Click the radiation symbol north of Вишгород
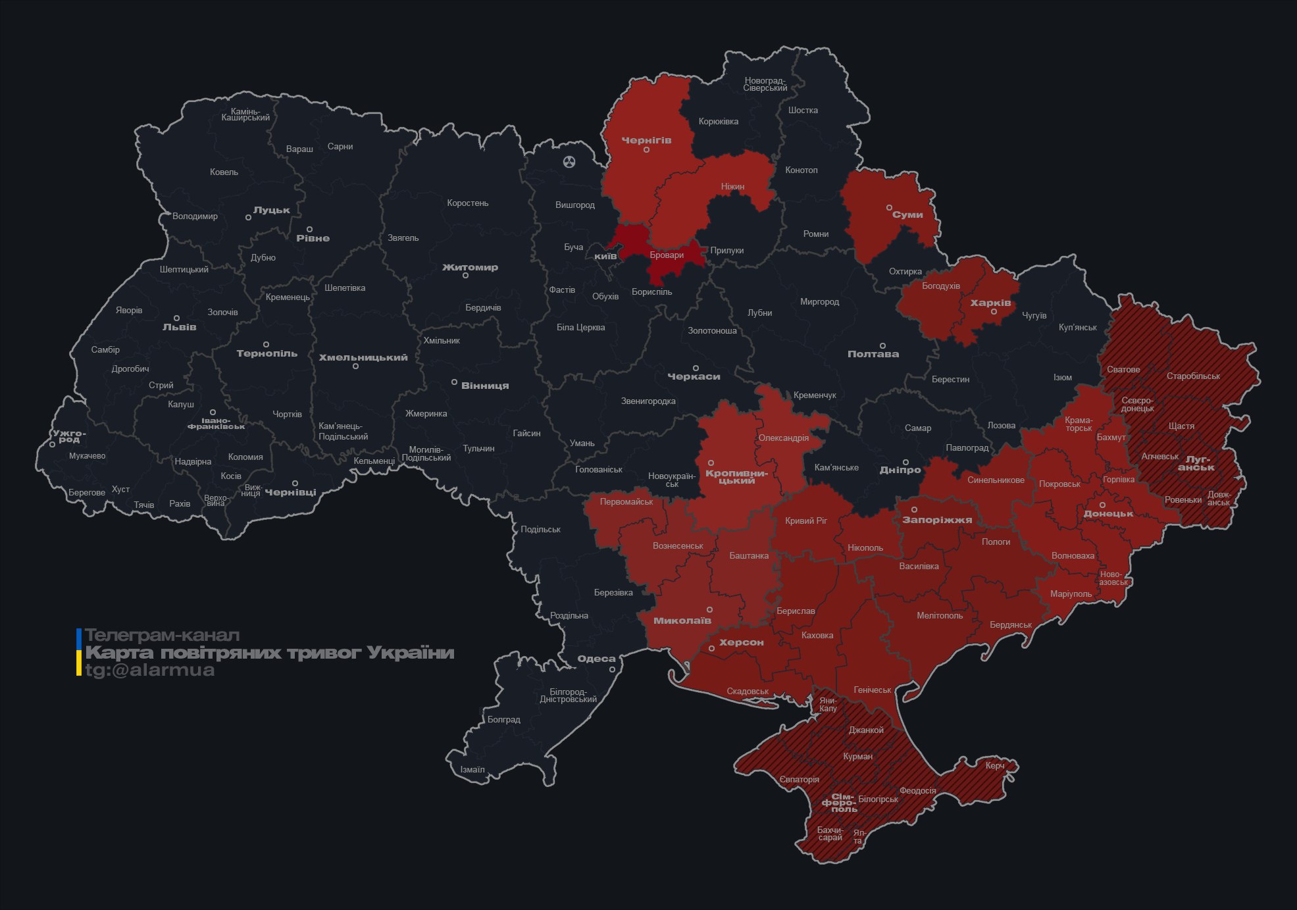(569, 161)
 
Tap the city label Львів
(179, 327)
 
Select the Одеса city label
(596, 659)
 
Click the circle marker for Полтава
(882, 345)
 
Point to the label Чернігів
(646, 140)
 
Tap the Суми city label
(907, 215)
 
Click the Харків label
(990, 303)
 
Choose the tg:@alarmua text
(150, 670)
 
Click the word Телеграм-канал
(162, 636)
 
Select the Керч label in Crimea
(994, 765)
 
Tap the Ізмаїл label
(472, 769)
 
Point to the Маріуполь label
(1071, 594)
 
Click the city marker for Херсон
(711, 649)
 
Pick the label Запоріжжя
(936, 520)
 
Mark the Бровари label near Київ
(667, 255)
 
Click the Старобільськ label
(1192, 376)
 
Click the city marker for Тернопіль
(266, 344)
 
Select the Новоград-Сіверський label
(765, 84)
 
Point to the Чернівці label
(290, 492)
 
